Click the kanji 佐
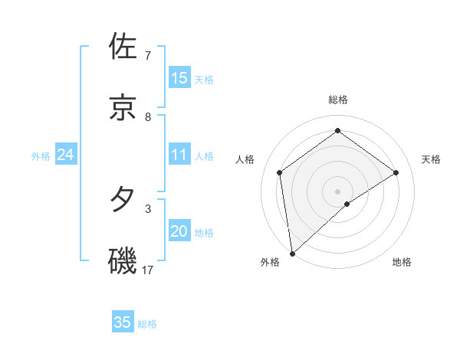[123, 47]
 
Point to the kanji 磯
[123, 260]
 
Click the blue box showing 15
[179, 78]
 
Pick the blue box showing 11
[179, 155]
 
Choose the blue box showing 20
[179, 231]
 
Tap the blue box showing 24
[66, 155]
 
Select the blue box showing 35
[123, 322]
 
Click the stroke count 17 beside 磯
[148, 270]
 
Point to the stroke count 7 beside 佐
[148, 56]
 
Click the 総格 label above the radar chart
[338, 100]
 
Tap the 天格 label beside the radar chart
[431, 159]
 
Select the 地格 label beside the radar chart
[402, 263]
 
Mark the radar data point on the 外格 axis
[291, 254]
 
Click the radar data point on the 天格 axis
[396, 172]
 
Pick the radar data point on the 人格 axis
[280, 172]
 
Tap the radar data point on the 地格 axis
[347, 204]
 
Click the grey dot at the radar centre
[338, 191]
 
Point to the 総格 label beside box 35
[147, 324]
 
